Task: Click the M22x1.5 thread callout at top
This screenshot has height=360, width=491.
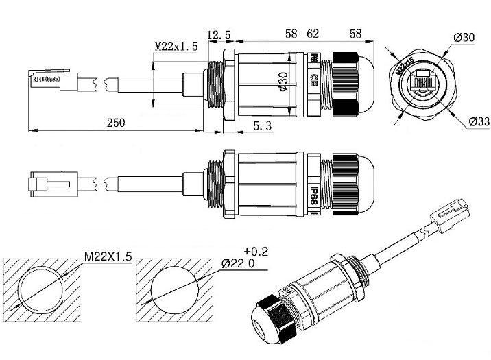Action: (x=176, y=46)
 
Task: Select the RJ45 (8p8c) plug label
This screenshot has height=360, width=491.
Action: (x=44, y=80)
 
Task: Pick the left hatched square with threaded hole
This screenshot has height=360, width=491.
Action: (x=41, y=289)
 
